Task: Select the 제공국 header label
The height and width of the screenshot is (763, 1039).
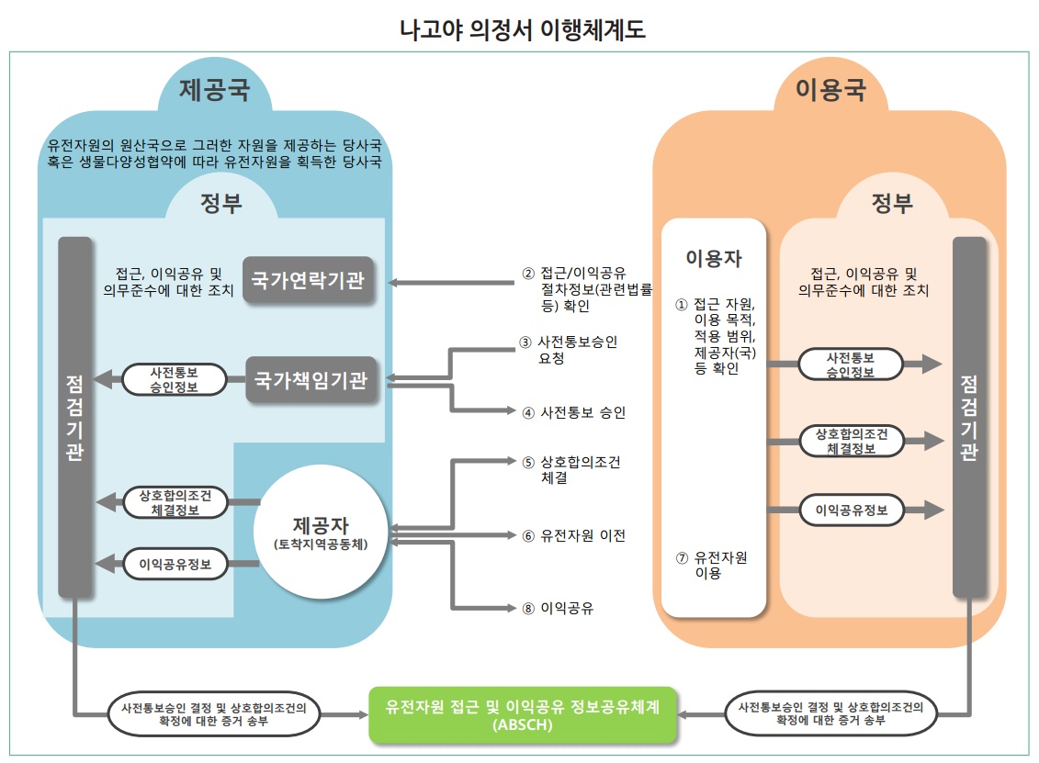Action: [x=215, y=90]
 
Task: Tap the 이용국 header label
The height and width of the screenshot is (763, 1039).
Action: [x=830, y=90]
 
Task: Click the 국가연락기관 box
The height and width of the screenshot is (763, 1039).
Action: [x=308, y=280]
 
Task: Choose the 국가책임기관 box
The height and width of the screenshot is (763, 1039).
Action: [x=311, y=380]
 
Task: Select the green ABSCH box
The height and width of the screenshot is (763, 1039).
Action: [x=522, y=713]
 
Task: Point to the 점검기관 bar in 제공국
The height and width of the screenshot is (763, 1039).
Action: [x=74, y=418]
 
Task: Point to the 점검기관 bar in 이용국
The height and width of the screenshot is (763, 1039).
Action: [x=969, y=418]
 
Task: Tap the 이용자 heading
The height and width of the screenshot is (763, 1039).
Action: [x=714, y=258]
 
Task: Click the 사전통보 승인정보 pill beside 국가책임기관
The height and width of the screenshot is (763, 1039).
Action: [x=175, y=379]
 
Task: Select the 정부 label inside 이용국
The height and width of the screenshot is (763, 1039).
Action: [x=891, y=203]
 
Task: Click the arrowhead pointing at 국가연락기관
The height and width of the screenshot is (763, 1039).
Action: [x=396, y=280]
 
